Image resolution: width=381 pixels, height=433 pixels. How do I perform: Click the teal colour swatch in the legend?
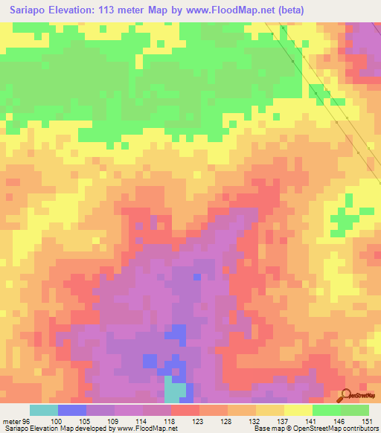click(x=44, y=410)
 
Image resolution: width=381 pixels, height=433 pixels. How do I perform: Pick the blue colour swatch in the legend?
click(x=72, y=410)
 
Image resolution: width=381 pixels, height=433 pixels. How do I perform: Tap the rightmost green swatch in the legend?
click(x=355, y=410)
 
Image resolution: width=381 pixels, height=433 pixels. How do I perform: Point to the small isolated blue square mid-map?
click(x=197, y=277)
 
